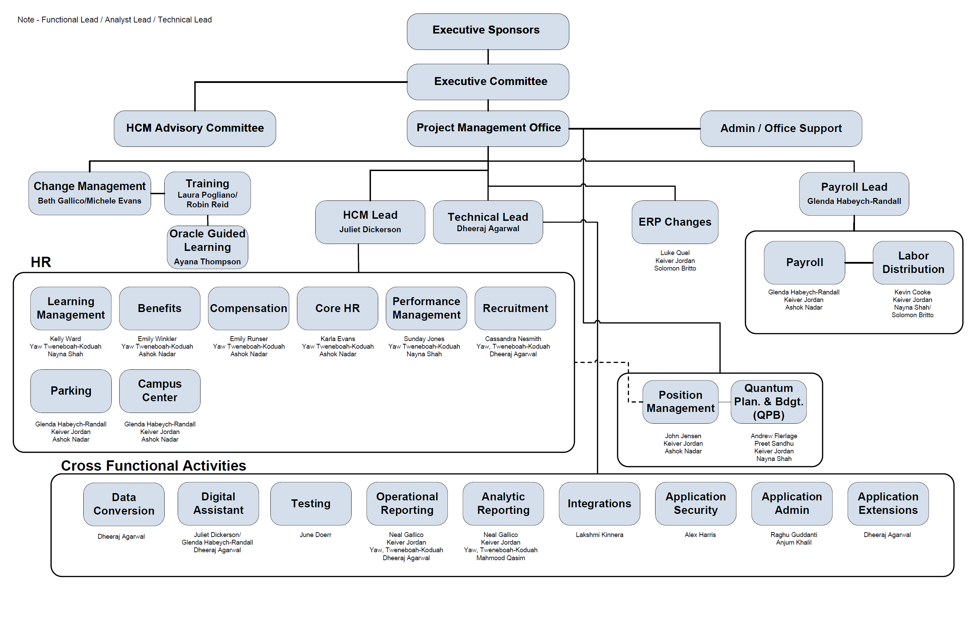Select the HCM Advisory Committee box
pos(195,128)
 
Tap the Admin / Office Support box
pos(780,128)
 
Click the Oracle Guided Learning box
pos(207,247)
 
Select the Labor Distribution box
pos(913,262)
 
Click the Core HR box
pos(337,308)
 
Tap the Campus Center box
pos(159,390)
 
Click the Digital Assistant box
pos(218,503)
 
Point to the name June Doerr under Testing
pos(315,535)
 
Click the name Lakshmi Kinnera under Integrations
pos(599,535)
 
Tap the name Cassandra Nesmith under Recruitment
pos(513,339)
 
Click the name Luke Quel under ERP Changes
pos(674,253)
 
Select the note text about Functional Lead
pos(114,20)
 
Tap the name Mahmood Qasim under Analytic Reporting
pos(500,558)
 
